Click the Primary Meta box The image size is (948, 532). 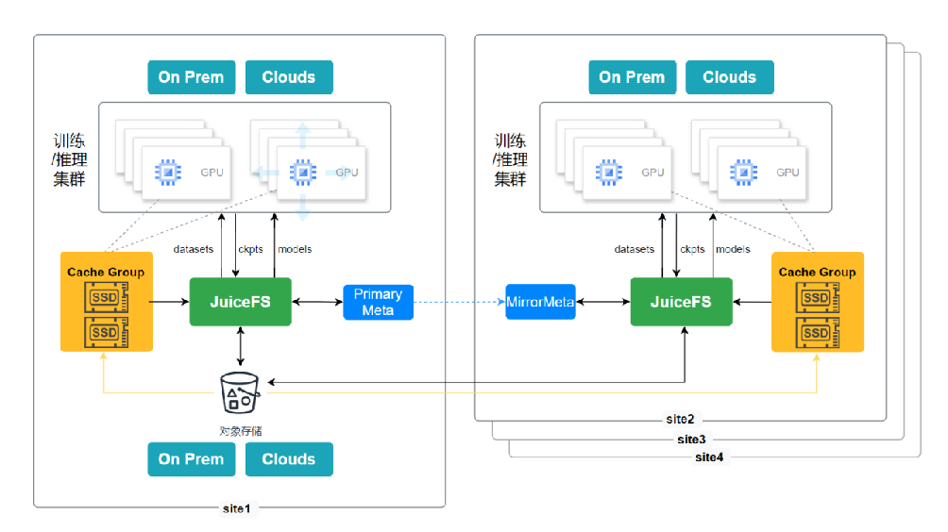pyautogui.click(x=378, y=302)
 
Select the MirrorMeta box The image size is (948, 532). pyautogui.click(x=540, y=302)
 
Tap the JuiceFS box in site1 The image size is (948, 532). pyautogui.click(x=241, y=302)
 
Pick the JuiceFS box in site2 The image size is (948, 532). pyautogui.click(x=682, y=302)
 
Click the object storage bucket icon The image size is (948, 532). pyautogui.click(x=240, y=392)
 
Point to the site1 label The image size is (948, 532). pyautogui.click(x=236, y=508)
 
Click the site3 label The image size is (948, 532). pyautogui.click(x=692, y=439)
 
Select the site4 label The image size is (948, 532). pyautogui.click(x=709, y=457)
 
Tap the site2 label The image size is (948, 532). pyautogui.click(x=680, y=419)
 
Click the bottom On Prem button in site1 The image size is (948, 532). pyautogui.click(x=192, y=459)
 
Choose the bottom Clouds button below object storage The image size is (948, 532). pyautogui.click(x=289, y=459)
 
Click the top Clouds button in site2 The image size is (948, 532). pyautogui.click(x=730, y=77)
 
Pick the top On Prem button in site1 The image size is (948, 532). pyautogui.click(x=192, y=77)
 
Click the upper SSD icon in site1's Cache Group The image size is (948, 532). pyautogui.click(x=107, y=297)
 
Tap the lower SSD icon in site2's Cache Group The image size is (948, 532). pyautogui.click(x=818, y=333)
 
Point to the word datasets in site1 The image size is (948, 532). pyautogui.click(x=194, y=249)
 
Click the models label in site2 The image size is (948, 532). pyautogui.click(x=733, y=249)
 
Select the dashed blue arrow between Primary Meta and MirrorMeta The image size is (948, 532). pyautogui.click(x=460, y=302)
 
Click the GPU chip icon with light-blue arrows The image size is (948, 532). pyautogui.click(x=303, y=173)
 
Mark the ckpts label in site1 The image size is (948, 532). pyautogui.click(x=250, y=249)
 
